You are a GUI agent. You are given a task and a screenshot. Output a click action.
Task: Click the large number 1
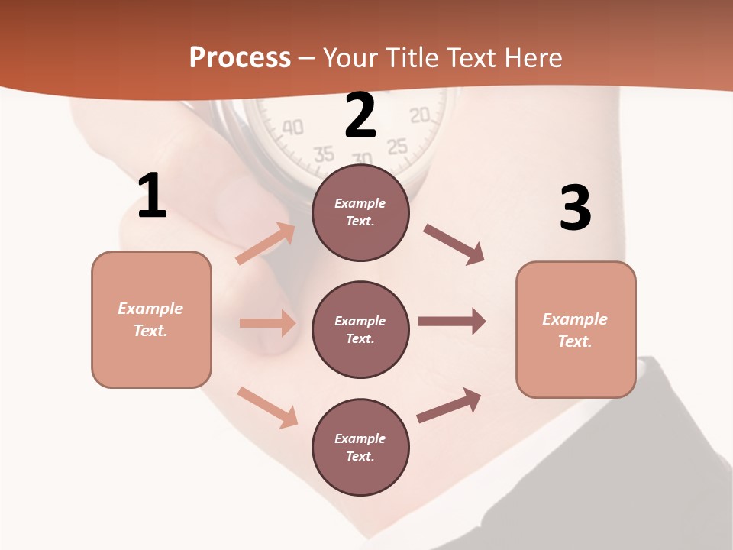coord(152,196)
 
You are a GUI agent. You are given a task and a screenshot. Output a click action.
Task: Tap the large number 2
coord(360,116)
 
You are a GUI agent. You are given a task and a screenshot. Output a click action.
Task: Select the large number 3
coord(575,209)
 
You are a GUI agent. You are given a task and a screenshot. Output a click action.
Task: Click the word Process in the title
coord(240,57)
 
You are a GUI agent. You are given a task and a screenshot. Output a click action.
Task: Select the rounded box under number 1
coord(151,319)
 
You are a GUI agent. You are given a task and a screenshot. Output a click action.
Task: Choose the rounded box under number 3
coord(576,329)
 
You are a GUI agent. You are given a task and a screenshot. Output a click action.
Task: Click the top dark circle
coord(360,212)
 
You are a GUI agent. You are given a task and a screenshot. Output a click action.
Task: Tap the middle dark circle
coord(360,329)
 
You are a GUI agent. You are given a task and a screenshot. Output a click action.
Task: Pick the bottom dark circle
coord(360,447)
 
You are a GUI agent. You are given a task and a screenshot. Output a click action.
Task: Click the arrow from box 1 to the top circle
coord(266,243)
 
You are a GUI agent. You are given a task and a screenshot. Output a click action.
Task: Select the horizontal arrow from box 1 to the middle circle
coord(267,323)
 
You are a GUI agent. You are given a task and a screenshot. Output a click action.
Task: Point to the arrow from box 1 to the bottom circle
coord(267,407)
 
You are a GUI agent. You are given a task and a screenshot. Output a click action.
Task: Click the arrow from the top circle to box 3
coord(454,244)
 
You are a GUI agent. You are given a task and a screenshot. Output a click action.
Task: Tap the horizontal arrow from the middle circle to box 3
coord(452,322)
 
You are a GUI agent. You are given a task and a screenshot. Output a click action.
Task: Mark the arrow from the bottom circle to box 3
coord(449,405)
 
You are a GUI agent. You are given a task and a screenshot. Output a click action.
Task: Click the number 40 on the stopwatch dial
coord(292,127)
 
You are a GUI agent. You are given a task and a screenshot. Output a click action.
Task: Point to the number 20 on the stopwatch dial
coord(419,115)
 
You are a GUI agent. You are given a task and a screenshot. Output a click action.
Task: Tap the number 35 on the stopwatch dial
coord(324,154)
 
